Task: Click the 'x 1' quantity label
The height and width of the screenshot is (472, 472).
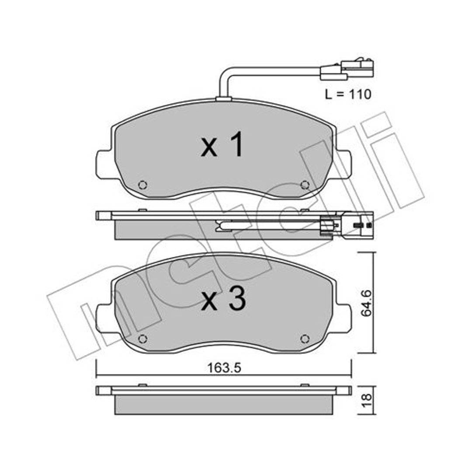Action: point(222,145)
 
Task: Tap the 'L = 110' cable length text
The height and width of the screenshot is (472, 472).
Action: point(348,94)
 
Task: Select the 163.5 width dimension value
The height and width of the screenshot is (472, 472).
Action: point(224,368)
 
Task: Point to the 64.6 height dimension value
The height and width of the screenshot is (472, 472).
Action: point(366,303)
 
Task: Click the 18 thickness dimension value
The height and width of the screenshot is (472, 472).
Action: point(366,401)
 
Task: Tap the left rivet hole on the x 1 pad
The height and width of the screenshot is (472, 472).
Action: point(142,184)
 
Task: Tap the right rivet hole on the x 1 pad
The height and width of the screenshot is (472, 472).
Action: point(305,184)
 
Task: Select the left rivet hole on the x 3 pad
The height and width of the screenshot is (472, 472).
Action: point(142,339)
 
